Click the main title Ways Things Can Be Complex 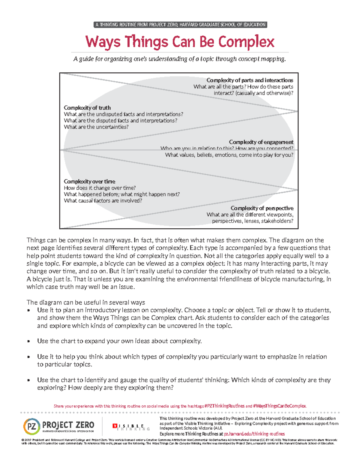180,42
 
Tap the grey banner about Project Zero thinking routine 180,25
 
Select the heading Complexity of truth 87,108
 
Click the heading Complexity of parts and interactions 250,80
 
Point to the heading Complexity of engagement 261,142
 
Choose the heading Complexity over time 89,182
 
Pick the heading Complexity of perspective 262,208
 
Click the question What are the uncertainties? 96,127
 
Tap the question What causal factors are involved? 103,201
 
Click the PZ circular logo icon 31,426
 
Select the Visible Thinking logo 131,427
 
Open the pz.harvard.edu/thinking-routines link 254,434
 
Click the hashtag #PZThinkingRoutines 224,406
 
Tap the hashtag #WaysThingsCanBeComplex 280,406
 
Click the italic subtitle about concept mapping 180,59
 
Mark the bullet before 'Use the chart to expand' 29,341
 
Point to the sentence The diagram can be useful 86,302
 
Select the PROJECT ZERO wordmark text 68,425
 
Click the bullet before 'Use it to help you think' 29,357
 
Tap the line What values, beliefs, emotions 229,155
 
